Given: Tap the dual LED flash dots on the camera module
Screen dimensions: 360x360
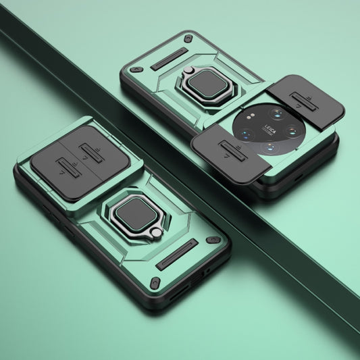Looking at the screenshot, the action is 251,116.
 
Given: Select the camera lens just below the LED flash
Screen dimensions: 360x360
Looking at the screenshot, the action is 247,134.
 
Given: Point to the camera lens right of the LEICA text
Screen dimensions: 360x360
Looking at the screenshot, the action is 292,131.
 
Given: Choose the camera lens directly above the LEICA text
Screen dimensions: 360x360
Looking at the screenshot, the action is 277,113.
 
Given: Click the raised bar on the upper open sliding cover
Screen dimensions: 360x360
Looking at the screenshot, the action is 304,101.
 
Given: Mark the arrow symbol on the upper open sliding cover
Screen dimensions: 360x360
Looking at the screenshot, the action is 298,106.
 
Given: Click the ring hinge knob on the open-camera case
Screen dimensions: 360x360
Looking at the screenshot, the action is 188,70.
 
